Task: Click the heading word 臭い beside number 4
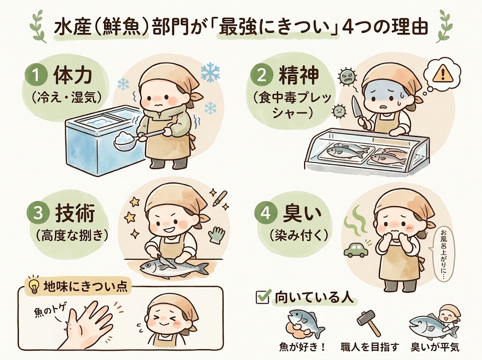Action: point(297,213)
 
